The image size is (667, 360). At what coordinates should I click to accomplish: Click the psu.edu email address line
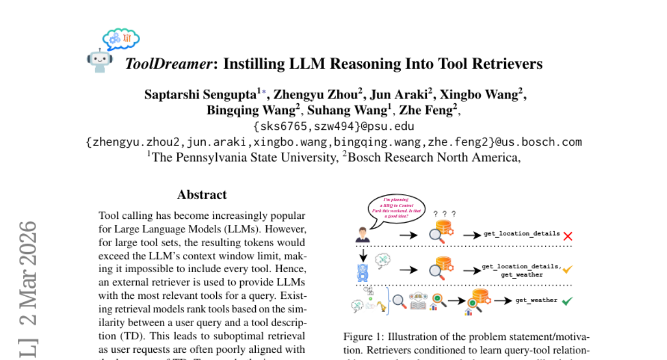[x=333, y=126]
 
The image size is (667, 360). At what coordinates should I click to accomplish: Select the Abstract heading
[x=202, y=195]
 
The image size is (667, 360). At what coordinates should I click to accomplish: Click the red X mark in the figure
[x=568, y=236]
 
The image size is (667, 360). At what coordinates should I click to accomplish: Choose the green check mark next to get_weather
[x=567, y=301]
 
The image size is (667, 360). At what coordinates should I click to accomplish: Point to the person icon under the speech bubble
[x=362, y=234]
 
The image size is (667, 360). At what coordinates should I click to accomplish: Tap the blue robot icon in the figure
[x=362, y=272]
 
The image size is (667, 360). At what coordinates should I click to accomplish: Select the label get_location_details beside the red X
[x=521, y=234]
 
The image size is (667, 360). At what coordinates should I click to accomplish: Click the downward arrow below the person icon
[x=362, y=253]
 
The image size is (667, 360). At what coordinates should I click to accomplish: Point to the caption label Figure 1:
[x=362, y=337]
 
